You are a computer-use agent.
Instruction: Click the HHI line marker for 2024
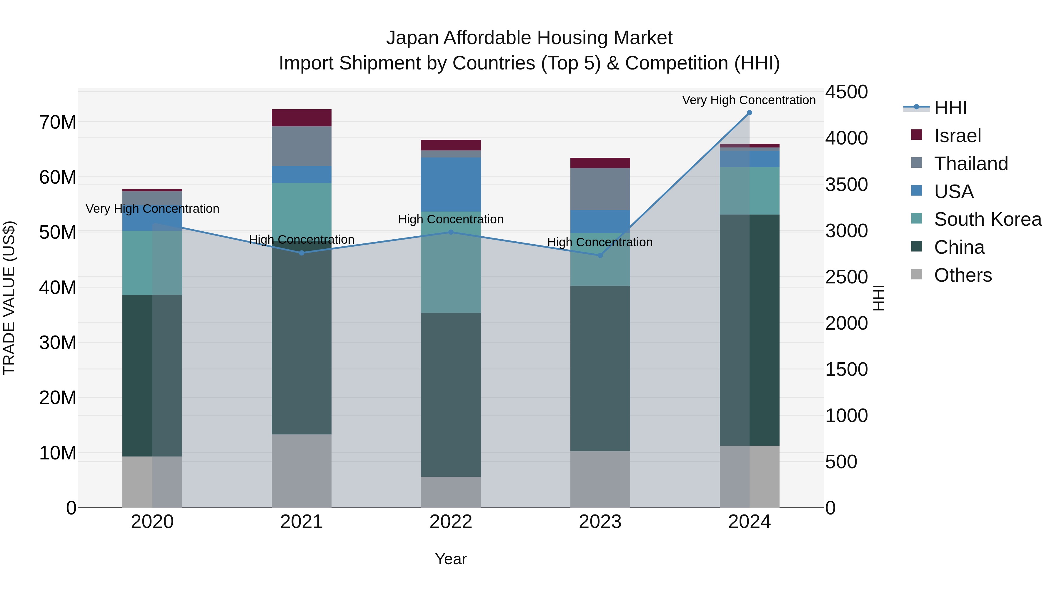click(x=749, y=112)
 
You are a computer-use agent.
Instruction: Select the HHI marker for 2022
click(x=451, y=232)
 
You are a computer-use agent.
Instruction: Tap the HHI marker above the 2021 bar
click(x=301, y=253)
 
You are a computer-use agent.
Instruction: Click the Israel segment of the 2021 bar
click(x=301, y=118)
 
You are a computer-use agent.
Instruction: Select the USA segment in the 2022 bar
click(x=451, y=184)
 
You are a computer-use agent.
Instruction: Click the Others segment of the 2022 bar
click(x=451, y=492)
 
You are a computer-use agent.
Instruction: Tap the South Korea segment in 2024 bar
click(x=749, y=190)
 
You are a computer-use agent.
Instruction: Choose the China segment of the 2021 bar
click(x=301, y=337)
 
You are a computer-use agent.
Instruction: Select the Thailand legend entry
click(x=971, y=163)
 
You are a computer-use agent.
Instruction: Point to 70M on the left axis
click(x=58, y=122)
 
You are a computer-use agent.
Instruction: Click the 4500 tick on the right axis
click(x=846, y=92)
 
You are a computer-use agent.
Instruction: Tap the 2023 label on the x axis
click(x=600, y=522)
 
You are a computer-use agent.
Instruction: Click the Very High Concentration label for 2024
click(x=749, y=100)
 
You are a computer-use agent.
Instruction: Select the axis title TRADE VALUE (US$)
click(x=9, y=298)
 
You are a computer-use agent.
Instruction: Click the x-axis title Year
click(x=451, y=559)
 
